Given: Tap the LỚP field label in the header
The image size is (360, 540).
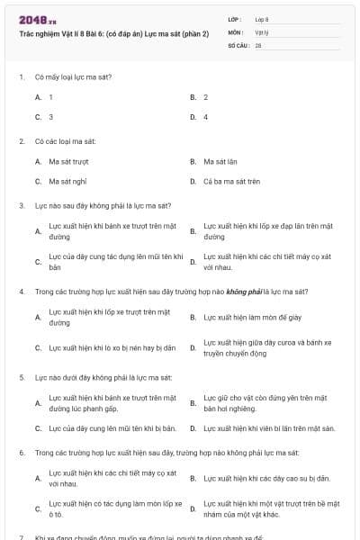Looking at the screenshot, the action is coord(235,19).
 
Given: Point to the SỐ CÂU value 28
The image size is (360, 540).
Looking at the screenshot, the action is coord(258,44).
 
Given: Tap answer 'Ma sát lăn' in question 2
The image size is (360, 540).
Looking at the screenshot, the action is coord(220,161).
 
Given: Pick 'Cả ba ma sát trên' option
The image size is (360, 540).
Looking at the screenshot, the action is coord(231,181).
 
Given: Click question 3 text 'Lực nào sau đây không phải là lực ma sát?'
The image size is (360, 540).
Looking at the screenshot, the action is coord(103,205).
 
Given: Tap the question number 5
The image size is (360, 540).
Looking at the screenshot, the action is coord(21,377).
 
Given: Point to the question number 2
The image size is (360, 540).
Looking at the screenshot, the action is coord(21,141).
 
